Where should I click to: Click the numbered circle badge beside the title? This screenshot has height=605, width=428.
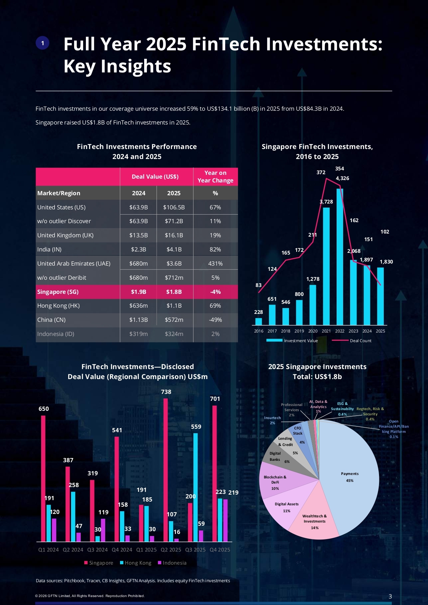click(42, 43)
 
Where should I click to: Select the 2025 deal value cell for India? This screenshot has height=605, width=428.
click(174, 249)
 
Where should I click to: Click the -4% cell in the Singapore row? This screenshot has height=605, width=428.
click(215, 292)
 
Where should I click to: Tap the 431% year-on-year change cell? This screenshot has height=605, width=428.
click(215, 264)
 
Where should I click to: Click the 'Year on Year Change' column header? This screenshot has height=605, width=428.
click(215, 177)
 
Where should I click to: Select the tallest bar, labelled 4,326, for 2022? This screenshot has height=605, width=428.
click(340, 257)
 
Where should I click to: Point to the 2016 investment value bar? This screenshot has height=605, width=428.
click(258, 321)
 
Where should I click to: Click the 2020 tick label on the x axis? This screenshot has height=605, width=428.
click(313, 331)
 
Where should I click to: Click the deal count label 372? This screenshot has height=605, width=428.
click(321, 172)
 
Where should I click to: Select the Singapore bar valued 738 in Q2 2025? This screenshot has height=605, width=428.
click(166, 469)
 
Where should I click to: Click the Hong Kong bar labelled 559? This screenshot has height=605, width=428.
click(196, 486)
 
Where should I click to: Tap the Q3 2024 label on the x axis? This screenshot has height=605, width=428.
click(97, 550)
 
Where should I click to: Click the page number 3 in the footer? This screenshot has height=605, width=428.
click(390, 596)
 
